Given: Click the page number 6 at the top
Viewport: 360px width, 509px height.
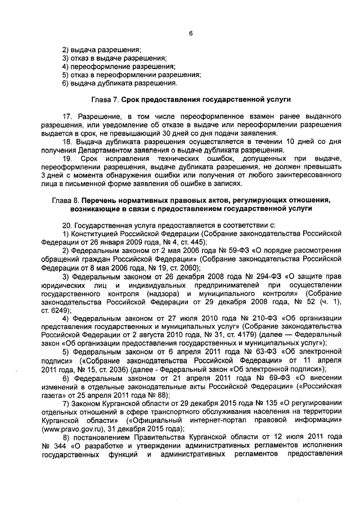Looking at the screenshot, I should [x=191, y=33].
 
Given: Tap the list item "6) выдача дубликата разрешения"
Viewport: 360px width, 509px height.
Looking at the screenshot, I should [x=119, y=83].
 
